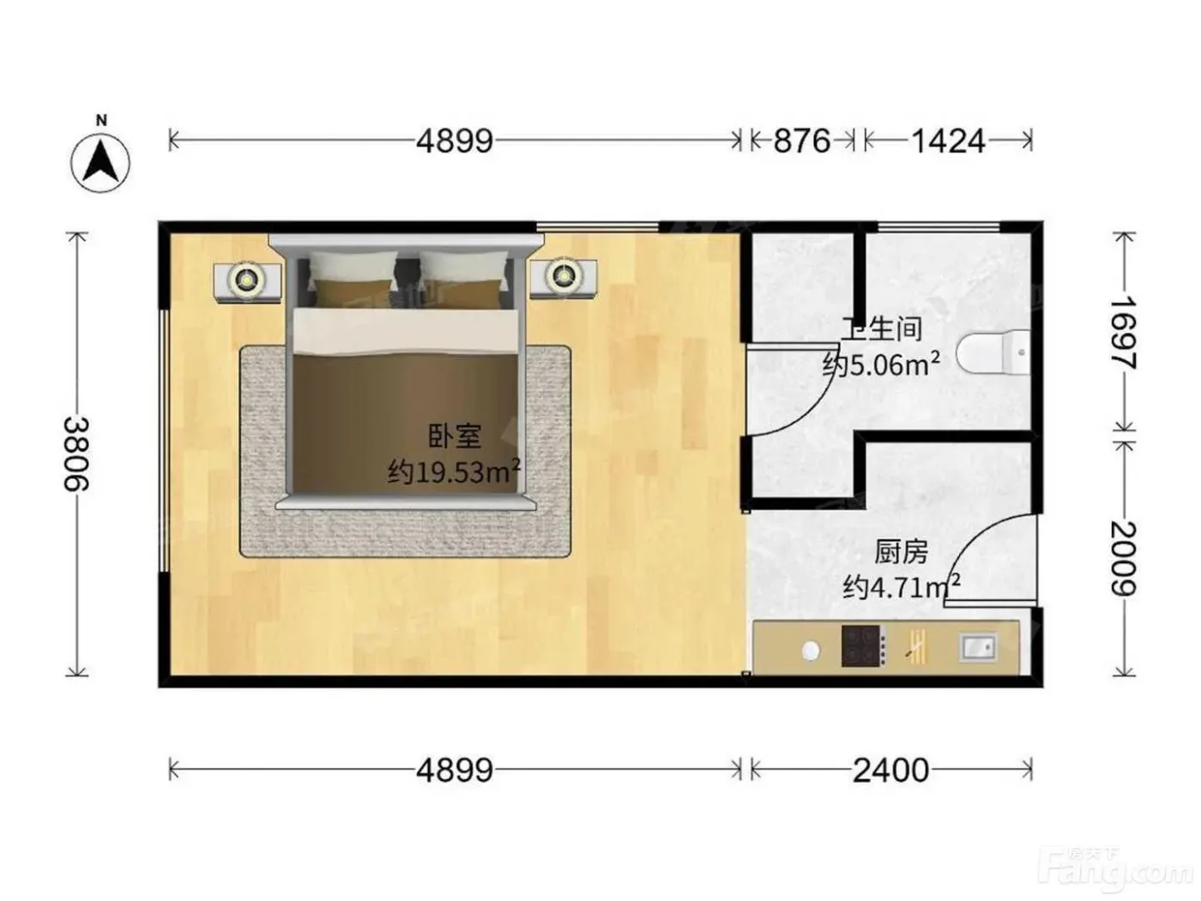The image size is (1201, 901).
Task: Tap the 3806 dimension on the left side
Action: click(x=76, y=454)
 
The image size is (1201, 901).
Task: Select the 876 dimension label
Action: click(x=801, y=141)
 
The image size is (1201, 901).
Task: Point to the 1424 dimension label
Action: click(x=948, y=141)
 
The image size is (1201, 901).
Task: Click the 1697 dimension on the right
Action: click(x=1123, y=333)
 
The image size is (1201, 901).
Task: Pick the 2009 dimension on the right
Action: click(x=1123, y=559)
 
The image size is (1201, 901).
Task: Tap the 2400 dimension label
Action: click(x=890, y=771)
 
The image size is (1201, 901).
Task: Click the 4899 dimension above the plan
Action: click(x=455, y=141)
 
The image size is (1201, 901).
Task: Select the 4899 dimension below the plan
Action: click(x=455, y=771)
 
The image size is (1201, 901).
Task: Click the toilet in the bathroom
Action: click(x=993, y=353)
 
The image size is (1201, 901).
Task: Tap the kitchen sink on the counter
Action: click(x=978, y=648)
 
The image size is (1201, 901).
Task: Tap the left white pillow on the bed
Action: click(x=353, y=268)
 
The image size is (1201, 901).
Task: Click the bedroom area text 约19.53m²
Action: click(x=454, y=472)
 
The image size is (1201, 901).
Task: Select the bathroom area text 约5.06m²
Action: click(x=882, y=364)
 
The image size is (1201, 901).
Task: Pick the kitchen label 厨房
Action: click(x=901, y=553)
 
